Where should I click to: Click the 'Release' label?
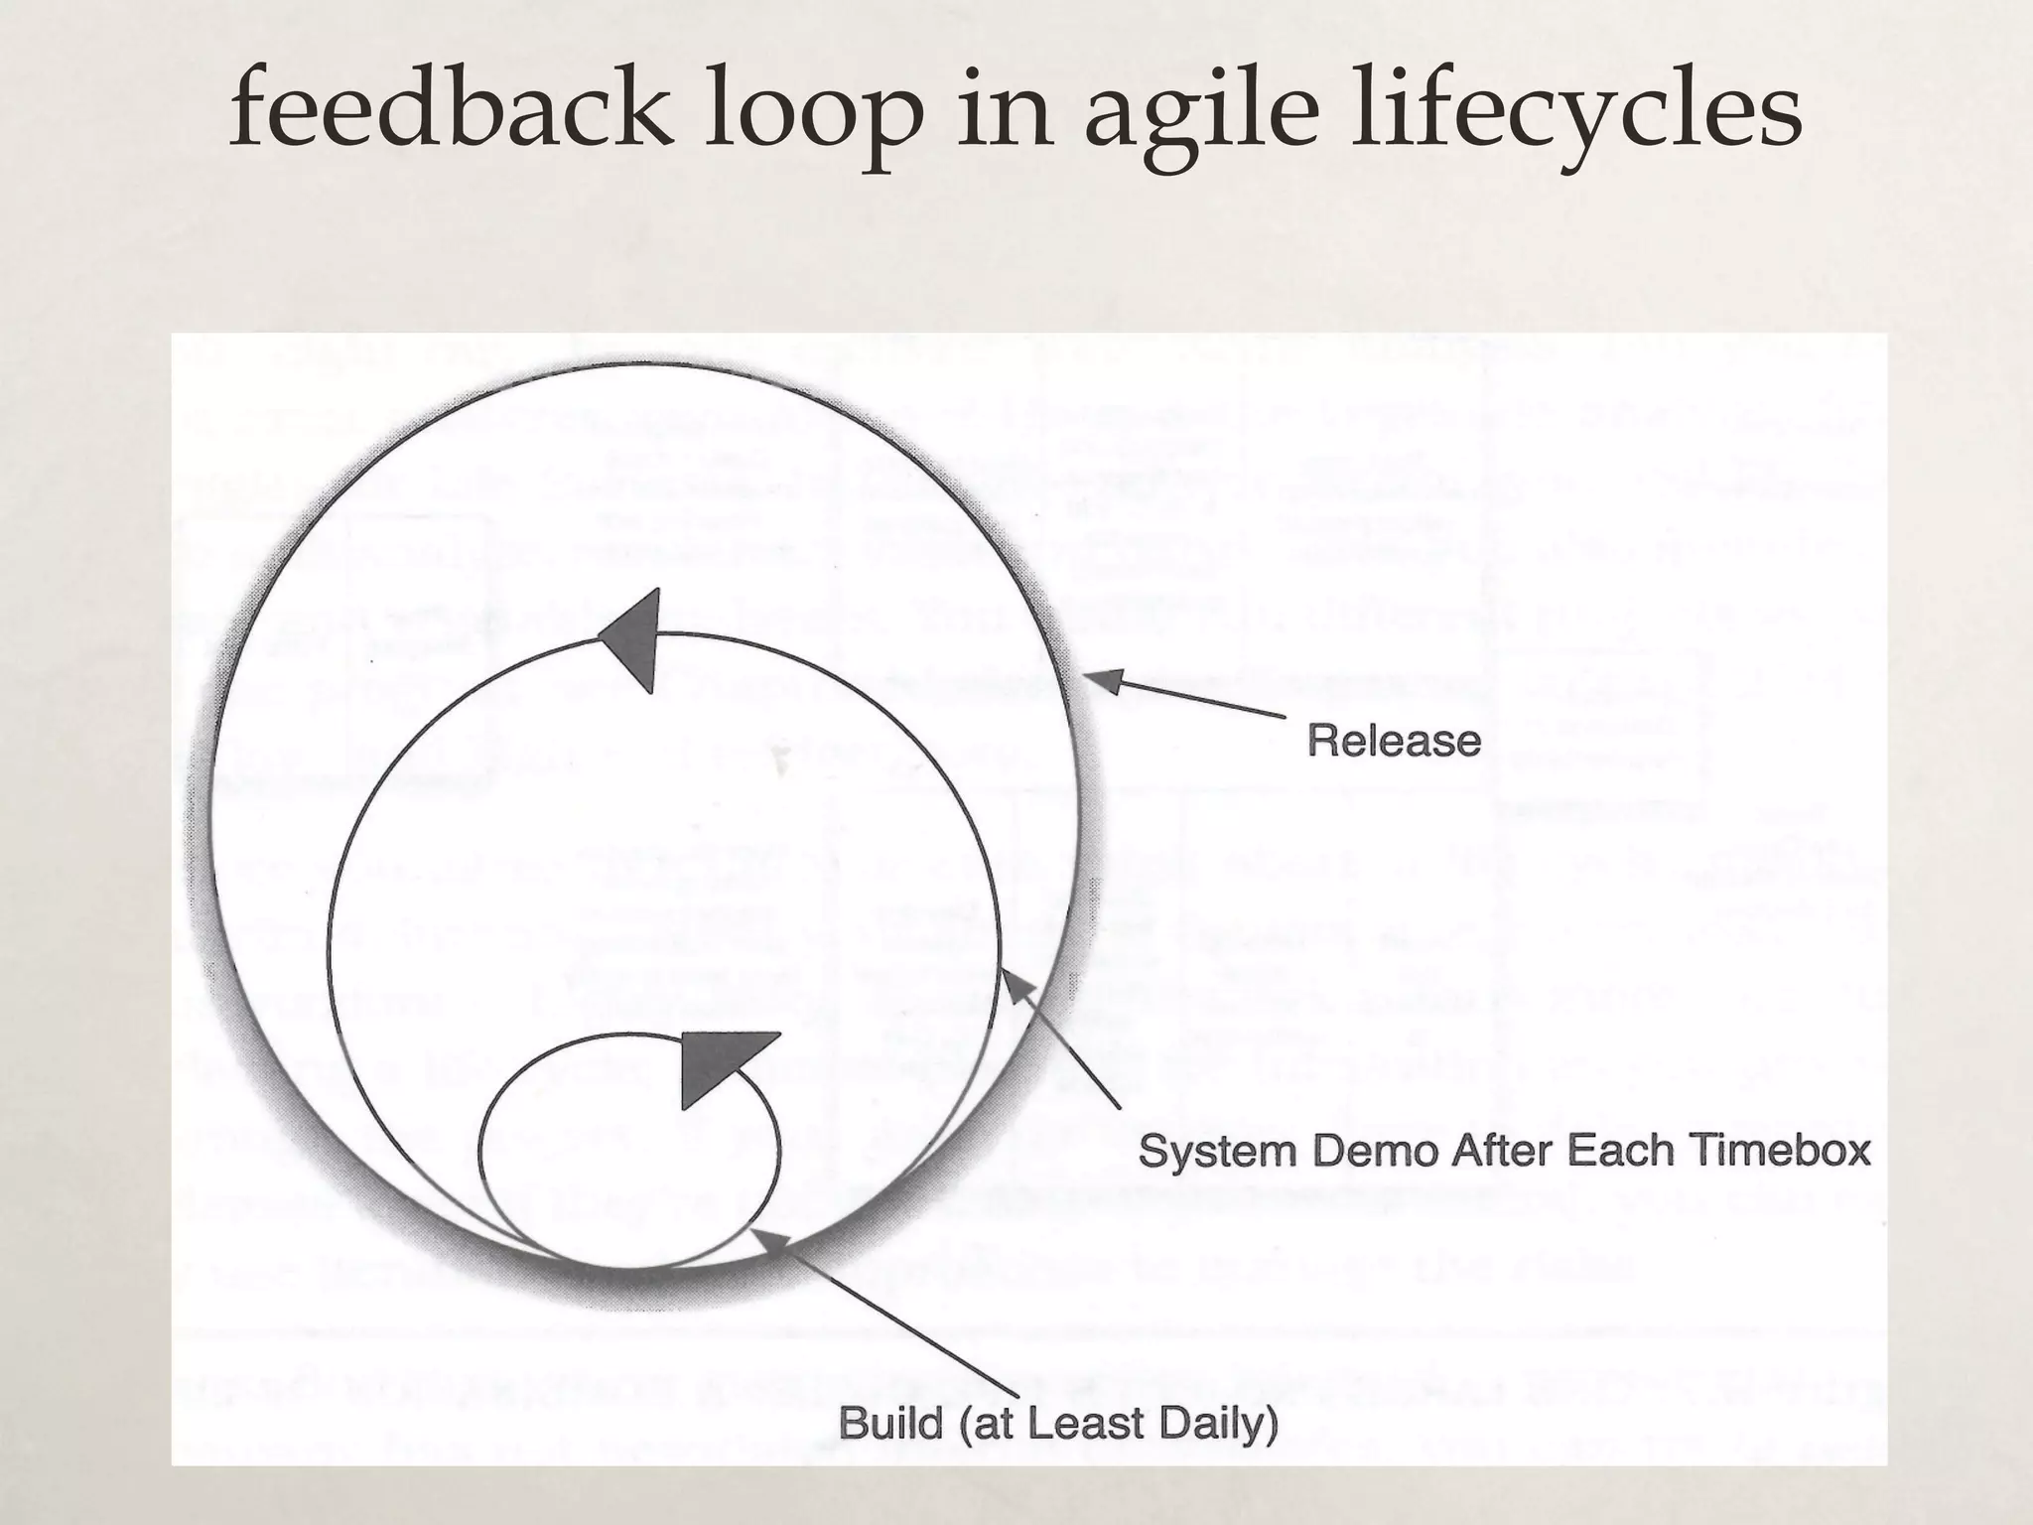pyautogui.click(x=1393, y=741)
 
